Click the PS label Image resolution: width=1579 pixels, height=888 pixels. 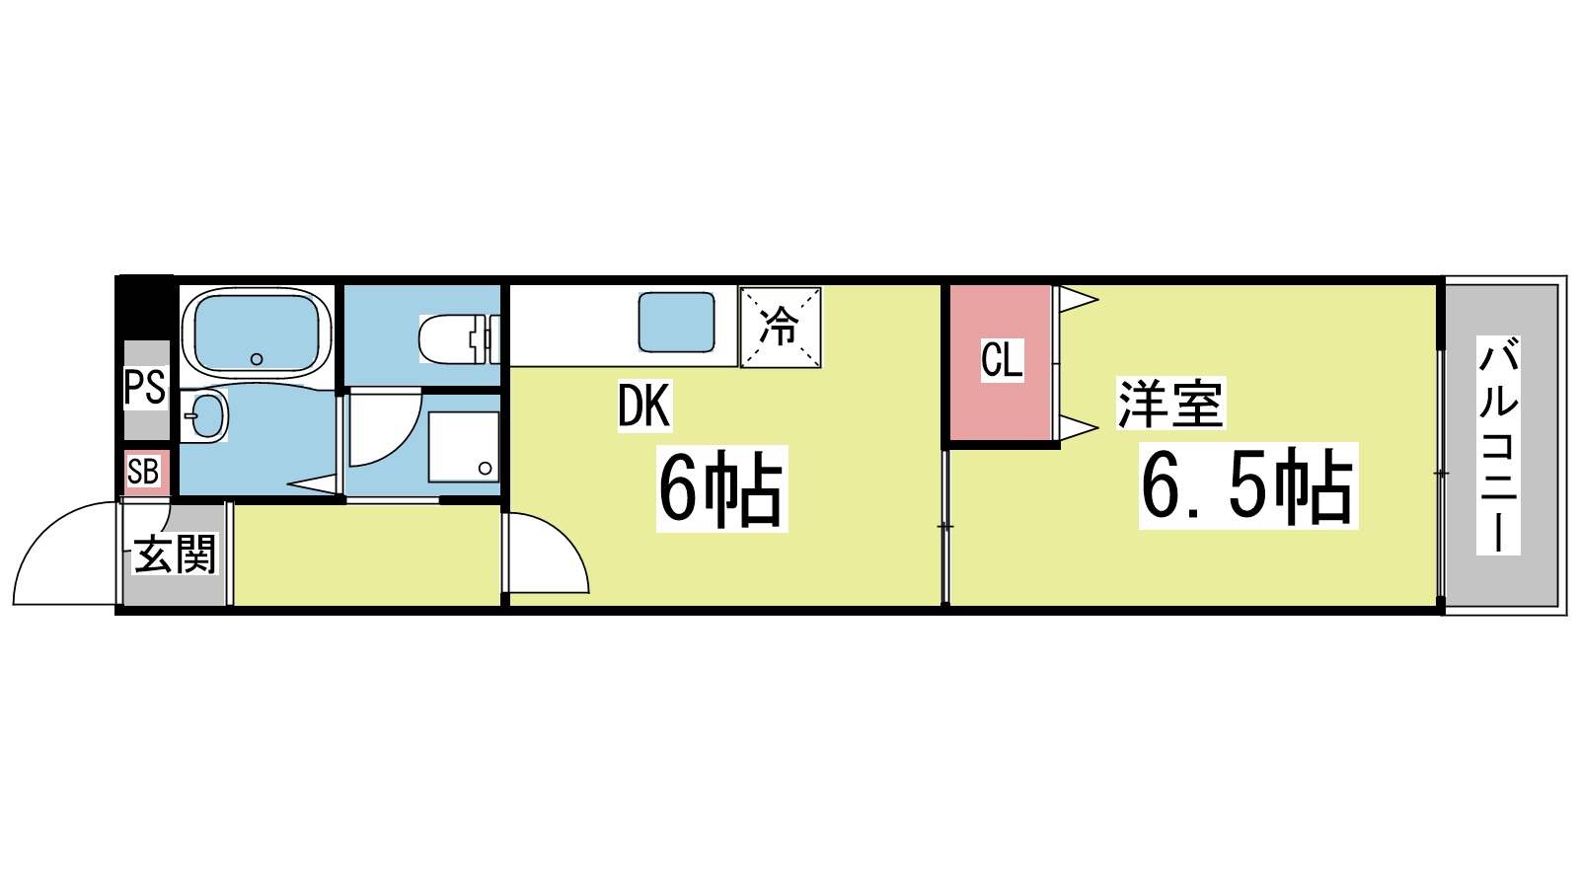click(144, 387)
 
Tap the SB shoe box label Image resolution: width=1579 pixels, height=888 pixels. click(143, 473)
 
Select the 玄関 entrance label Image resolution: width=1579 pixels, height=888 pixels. click(175, 555)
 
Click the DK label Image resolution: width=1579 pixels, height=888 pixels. click(643, 406)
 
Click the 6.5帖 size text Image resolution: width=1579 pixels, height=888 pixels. click(1247, 486)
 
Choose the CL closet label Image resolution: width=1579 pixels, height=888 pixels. click(1002, 360)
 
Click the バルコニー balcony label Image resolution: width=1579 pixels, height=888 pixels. click(1498, 445)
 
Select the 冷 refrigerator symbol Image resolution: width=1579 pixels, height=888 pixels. click(781, 327)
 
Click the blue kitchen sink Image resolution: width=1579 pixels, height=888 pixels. click(676, 323)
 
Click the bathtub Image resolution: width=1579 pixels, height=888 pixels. click(257, 332)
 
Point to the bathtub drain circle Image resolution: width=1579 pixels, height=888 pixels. click(257, 359)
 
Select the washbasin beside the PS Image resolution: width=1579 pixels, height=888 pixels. click(204, 415)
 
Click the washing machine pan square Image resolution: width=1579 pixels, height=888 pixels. click(463, 446)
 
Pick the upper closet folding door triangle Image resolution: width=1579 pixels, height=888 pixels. click(1078, 298)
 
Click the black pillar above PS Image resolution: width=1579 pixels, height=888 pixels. click(144, 307)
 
